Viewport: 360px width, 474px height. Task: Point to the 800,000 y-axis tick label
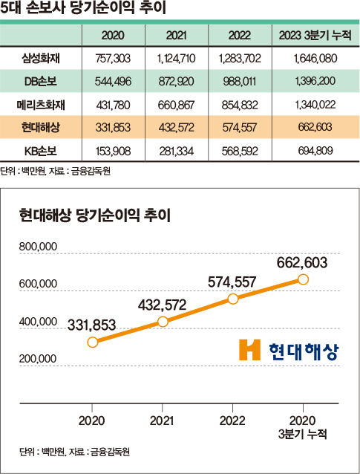[x=39, y=246]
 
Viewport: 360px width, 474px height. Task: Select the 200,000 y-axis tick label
[x=39, y=358]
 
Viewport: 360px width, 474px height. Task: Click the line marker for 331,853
[x=93, y=342]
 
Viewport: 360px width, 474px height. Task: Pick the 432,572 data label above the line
[x=161, y=304]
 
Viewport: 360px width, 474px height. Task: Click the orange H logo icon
[x=250, y=350]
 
